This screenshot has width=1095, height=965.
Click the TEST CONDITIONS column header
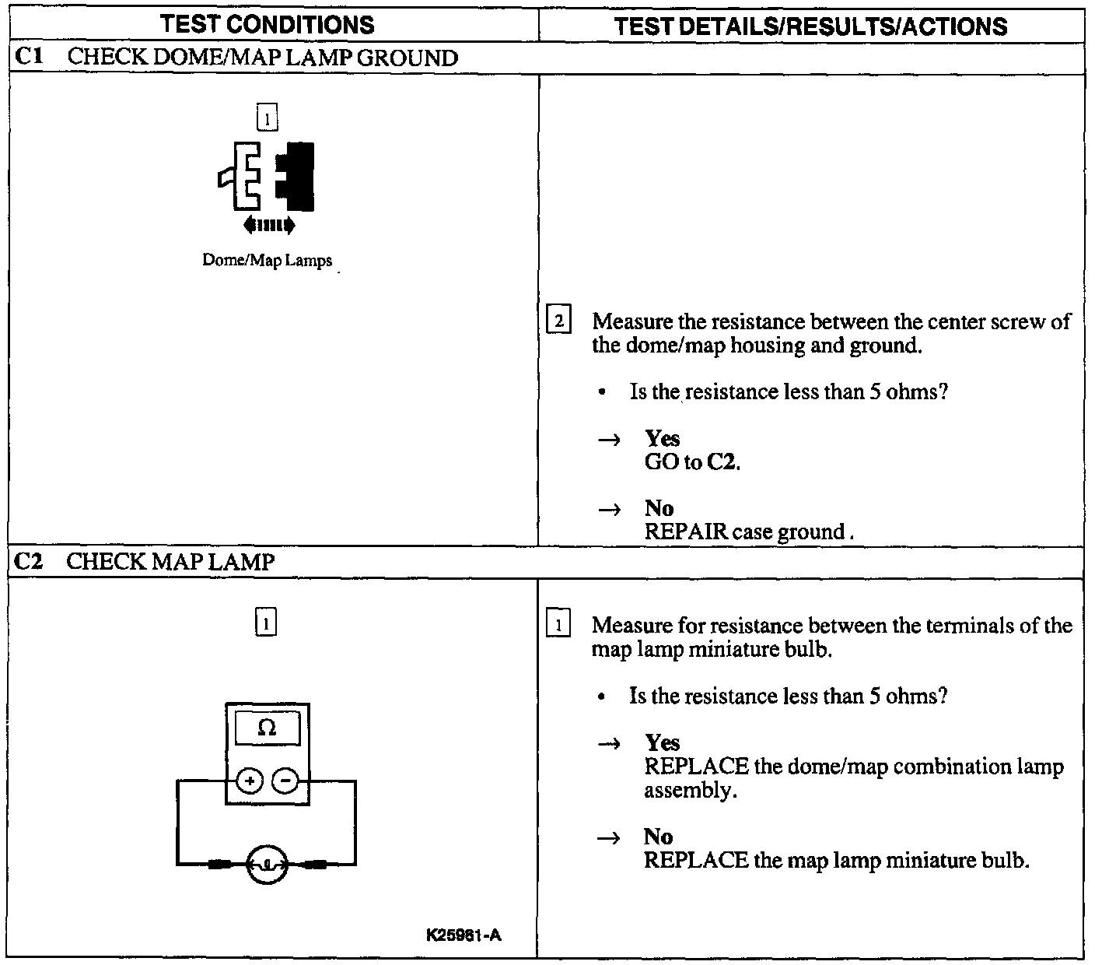[x=268, y=24]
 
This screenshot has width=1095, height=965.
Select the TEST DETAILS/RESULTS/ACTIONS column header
[x=810, y=26]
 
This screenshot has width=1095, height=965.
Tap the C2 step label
[x=28, y=561]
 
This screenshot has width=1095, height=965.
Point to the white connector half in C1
[x=240, y=177]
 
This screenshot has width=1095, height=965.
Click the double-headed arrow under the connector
[x=268, y=226]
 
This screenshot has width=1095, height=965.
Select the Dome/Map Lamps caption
[x=267, y=261]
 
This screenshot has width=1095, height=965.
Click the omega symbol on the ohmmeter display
[x=267, y=728]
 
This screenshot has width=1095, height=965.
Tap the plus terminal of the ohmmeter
[x=249, y=780]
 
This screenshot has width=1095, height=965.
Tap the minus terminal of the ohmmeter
[x=285, y=780]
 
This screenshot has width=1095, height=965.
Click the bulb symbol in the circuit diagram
[x=267, y=863]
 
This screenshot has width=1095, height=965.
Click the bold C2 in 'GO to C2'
[x=722, y=462]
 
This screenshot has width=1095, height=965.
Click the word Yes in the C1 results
[x=662, y=439]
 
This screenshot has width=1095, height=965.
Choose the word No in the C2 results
[x=658, y=837]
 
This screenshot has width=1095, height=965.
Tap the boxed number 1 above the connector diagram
[x=266, y=118]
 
